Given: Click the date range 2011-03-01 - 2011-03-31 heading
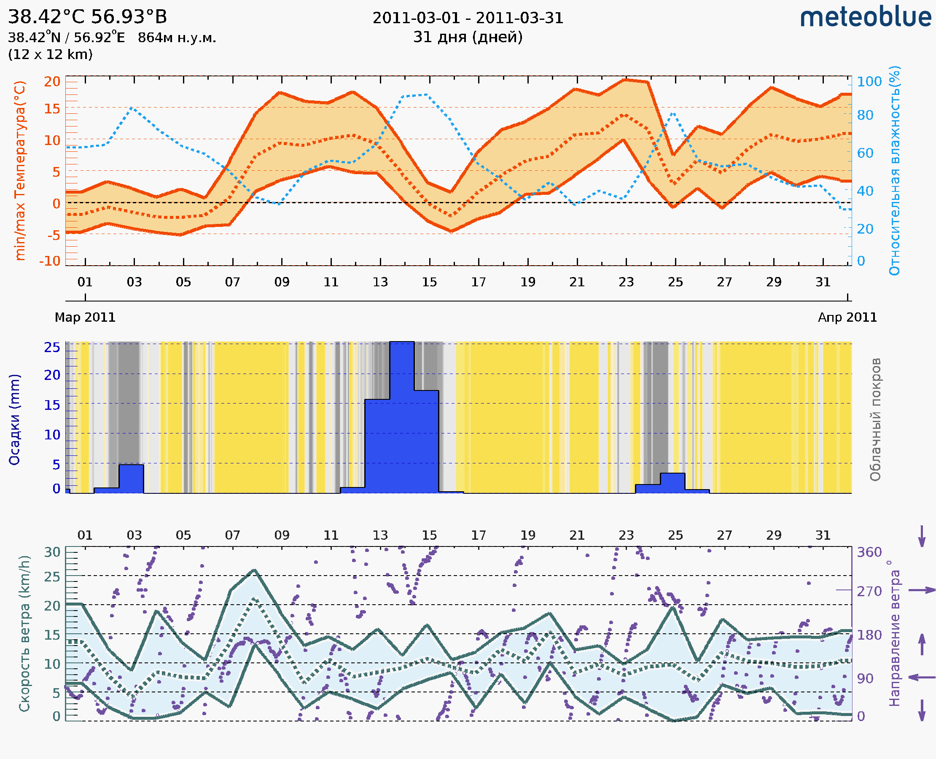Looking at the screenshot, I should (x=468, y=19).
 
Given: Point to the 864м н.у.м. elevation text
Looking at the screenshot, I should (x=177, y=38).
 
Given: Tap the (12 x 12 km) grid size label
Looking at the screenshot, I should (x=50, y=55).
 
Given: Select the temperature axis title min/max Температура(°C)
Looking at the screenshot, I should (x=20, y=170).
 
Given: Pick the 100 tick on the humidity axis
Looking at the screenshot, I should (x=869, y=82).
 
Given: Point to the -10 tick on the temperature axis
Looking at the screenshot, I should (x=50, y=261).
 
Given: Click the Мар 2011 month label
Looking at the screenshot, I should (x=85, y=318).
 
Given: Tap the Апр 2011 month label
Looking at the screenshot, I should (x=847, y=318).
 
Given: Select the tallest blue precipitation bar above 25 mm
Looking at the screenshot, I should (x=402, y=415).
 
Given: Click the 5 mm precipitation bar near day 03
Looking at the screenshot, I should (x=131, y=479).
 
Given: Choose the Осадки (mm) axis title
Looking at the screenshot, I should (x=14, y=420).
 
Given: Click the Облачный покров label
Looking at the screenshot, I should (x=875, y=420).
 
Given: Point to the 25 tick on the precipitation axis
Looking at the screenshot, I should (x=52, y=347).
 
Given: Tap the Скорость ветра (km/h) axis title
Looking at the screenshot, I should (x=24, y=633).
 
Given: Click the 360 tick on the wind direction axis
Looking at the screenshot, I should (x=869, y=552).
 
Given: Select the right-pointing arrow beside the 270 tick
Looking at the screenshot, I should (x=922, y=590).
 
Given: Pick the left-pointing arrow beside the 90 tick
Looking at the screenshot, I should (x=922, y=678).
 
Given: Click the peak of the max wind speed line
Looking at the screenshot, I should (x=254, y=570).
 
